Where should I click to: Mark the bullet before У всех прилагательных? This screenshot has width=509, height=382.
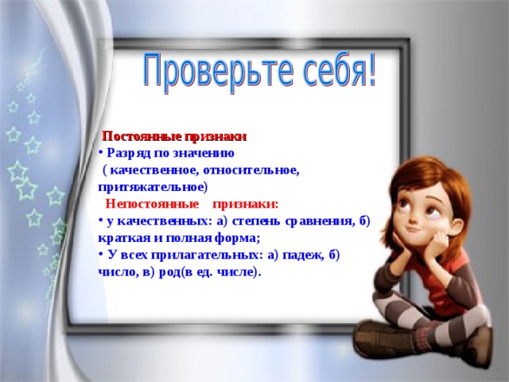pyautogui.click(x=102, y=254)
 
